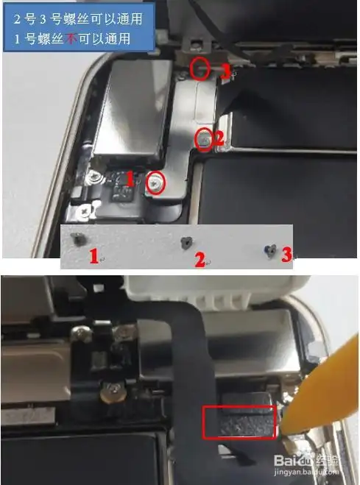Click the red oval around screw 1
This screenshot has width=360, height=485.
(x=155, y=183)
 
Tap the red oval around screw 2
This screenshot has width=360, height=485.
(x=203, y=138)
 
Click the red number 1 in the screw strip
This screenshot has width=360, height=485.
(x=94, y=256)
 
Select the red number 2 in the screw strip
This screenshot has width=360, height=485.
(x=200, y=258)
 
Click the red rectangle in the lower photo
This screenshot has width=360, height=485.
(x=239, y=422)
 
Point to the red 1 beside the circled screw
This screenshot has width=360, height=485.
(x=130, y=178)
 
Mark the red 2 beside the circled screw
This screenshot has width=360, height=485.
(x=218, y=135)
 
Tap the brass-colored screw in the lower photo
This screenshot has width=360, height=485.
(x=113, y=393)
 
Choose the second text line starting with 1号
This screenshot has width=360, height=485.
(x=71, y=38)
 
